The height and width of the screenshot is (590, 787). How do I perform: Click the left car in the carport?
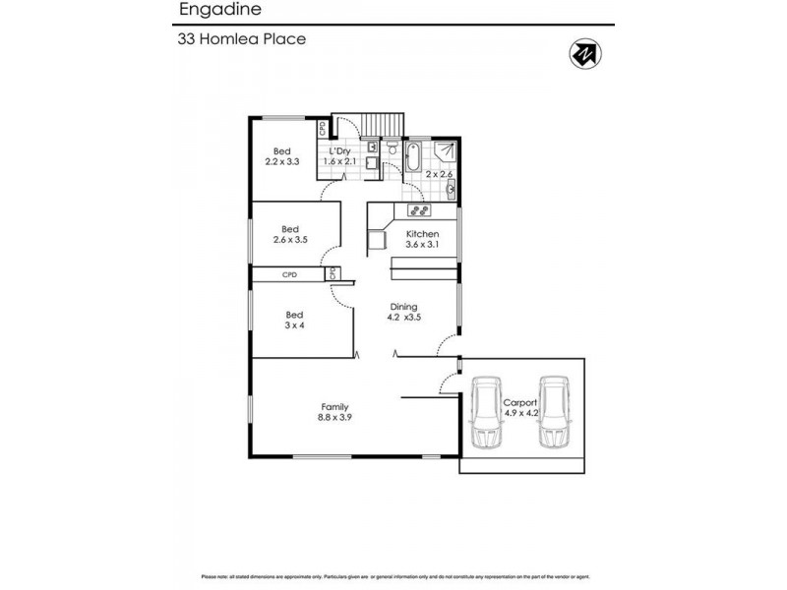tap(486, 413)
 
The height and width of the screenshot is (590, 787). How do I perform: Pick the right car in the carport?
tap(554, 413)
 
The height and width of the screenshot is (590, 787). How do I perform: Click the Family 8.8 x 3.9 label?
tap(335, 412)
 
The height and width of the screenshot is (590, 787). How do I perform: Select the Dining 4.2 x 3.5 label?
tap(405, 312)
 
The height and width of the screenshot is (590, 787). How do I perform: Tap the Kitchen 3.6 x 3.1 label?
tap(422, 239)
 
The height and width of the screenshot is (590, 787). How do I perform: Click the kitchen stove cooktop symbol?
tap(418, 209)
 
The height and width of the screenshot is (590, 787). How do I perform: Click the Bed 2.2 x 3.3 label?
tap(282, 155)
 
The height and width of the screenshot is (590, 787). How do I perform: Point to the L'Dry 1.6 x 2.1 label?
tap(343, 155)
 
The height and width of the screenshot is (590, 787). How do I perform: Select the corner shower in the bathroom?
tap(447, 151)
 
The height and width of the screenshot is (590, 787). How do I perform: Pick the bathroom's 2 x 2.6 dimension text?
tap(440, 174)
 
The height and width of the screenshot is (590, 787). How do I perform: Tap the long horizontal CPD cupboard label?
tap(289, 275)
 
